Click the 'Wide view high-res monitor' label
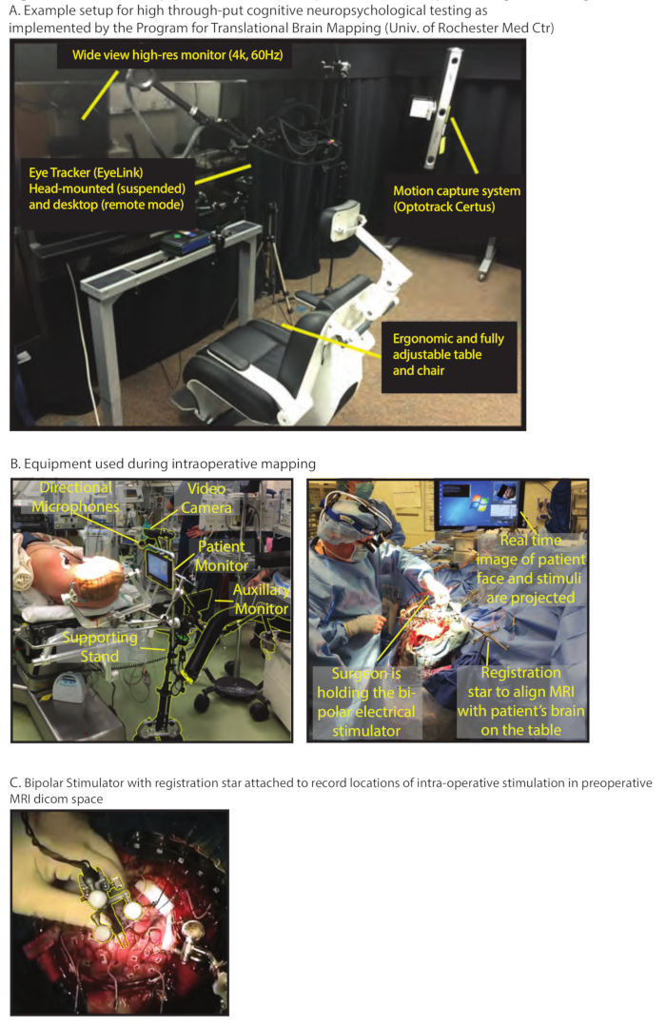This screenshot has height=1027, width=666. [178, 55]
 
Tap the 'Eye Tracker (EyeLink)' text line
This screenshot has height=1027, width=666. [86, 173]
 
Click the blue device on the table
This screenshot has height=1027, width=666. [186, 241]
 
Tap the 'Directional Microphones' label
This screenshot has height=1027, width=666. [75, 497]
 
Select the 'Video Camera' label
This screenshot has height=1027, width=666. [206, 498]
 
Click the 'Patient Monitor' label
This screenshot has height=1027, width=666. [222, 556]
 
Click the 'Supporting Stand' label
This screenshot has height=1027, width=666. [100, 646]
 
